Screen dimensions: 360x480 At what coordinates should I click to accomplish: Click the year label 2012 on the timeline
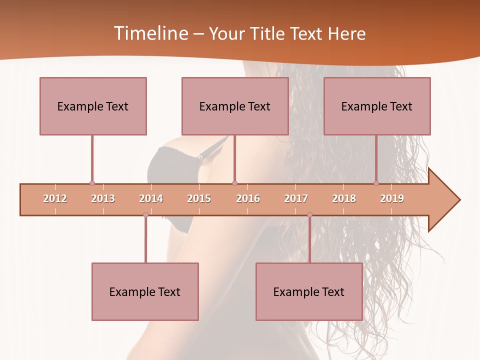click(x=55, y=198)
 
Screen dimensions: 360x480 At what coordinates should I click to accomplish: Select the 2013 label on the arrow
click(x=103, y=198)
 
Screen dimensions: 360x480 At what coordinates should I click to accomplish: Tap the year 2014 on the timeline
click(x=151, y=198)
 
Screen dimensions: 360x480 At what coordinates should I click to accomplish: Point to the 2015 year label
click(x=199, y=198)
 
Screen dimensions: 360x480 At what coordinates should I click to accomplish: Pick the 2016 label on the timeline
click(x=248, y=198)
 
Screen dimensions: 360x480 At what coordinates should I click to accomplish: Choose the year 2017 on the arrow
click(x=296, y=198)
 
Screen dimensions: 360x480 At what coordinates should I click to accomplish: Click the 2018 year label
click(x=344, y=198)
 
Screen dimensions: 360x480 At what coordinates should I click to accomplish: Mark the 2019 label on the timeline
click(x=392, y=198)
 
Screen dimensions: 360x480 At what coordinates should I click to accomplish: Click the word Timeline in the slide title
click(x=150, y=33)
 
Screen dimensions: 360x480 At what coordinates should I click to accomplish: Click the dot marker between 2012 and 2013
click(x=92, y=183)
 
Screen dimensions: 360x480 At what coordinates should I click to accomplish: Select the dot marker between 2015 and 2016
click(x=234, y=183)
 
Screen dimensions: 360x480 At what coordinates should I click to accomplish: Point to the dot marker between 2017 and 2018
click(x=309, y=215)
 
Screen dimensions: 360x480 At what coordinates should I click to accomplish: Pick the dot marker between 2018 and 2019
click(x=376, y=183)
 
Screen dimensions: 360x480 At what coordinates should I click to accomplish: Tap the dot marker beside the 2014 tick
click(x=145, y=215)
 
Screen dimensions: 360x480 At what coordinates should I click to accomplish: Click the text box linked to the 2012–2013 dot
click(x=93, y=106)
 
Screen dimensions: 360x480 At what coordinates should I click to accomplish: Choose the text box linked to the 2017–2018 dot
click(x=309, y=291)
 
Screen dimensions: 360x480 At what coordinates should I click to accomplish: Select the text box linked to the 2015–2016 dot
click(x=235, y=106)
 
